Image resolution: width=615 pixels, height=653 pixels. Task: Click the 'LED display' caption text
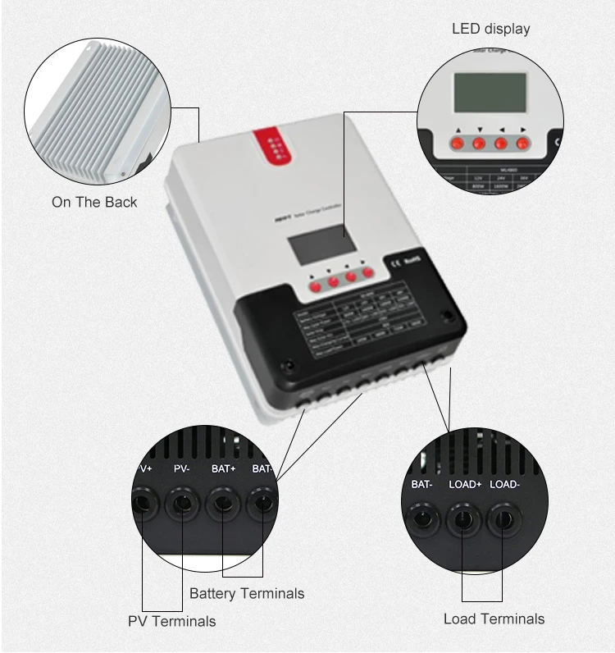490,30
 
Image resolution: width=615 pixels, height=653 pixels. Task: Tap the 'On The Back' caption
94,202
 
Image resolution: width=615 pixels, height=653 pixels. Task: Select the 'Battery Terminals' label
247,593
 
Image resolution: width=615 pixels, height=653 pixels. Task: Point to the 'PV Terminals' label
171,621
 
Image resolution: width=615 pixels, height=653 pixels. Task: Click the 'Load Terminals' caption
494,619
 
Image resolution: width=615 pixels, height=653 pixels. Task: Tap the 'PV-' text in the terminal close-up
182,468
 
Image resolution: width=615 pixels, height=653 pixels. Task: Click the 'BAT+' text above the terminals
222,468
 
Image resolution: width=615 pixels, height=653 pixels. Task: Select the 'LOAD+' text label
465,484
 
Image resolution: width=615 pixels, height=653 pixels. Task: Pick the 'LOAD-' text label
504,484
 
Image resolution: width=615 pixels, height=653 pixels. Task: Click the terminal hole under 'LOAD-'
503,521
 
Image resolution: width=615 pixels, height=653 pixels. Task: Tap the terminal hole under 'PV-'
182,502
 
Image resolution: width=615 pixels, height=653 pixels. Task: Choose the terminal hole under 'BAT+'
223,502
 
